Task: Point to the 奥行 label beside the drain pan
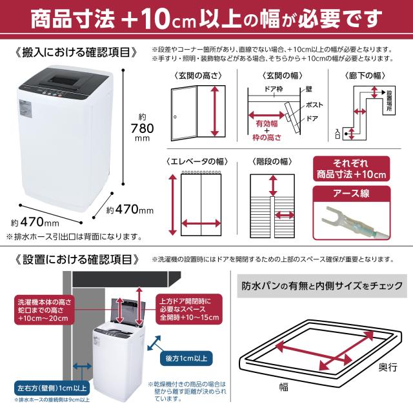point(386,366)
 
